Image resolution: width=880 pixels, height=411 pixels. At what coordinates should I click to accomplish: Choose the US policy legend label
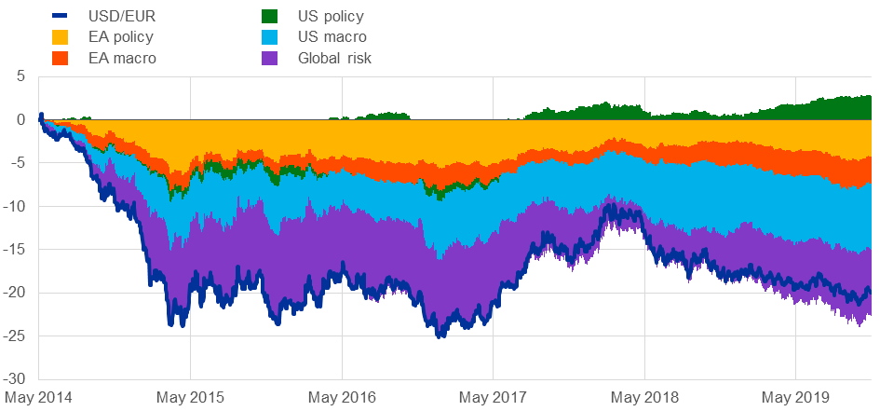pyautogui.click(x=331, y=16)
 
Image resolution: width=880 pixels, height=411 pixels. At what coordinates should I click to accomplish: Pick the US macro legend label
pyautogui.click(x=332, y=37)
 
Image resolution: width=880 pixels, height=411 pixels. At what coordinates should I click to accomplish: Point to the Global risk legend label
pyautogui.click(x=335, y=58)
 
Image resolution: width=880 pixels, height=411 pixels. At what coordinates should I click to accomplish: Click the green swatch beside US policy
pyautogui.click(x=269, y=16)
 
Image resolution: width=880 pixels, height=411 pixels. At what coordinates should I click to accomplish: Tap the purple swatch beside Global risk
pyautogui.click(x=269, y=58)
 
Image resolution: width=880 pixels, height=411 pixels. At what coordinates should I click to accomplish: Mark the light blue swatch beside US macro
pyautogui.click(x=269, y=37)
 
